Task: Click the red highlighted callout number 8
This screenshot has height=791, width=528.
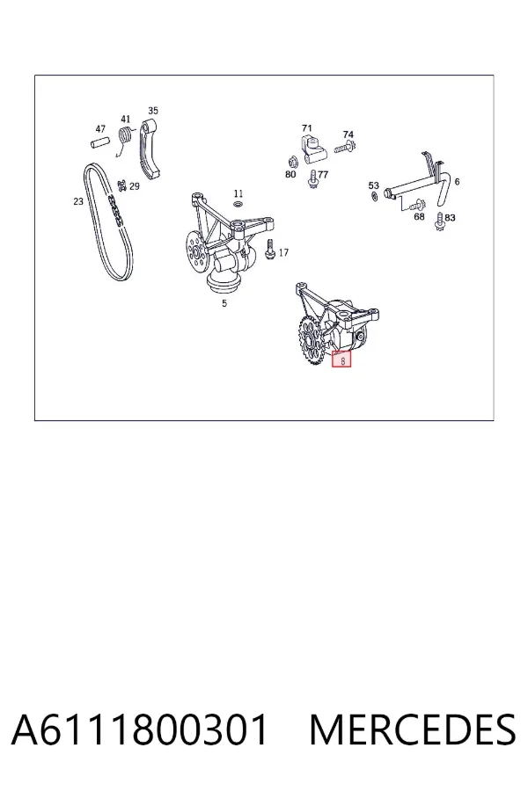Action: pos(342,360)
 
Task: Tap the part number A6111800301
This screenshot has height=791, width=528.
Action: pos(139,730)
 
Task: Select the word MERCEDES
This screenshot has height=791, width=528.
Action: pos(413,730)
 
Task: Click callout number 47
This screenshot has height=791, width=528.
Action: pos(100,129)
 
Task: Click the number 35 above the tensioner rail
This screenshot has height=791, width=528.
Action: pos(153,111)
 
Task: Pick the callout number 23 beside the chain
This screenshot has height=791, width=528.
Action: pos(77,201)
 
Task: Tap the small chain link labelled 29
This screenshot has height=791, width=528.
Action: pos(121,185)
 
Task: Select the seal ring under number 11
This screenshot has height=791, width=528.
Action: pos(238,204)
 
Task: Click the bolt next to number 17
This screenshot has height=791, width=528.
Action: pos(270,249)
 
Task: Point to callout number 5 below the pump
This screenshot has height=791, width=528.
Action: pos(224,303)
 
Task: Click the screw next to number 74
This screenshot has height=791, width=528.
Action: pos(345,149)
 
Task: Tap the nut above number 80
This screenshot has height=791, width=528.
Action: pos(291,162)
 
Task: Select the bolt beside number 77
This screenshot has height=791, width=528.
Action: pos(312,179)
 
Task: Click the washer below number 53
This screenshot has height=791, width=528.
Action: pos(374,196)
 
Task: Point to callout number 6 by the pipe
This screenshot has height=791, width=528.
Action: pos(457,182)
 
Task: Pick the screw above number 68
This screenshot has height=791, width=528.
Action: pos(416,205)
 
